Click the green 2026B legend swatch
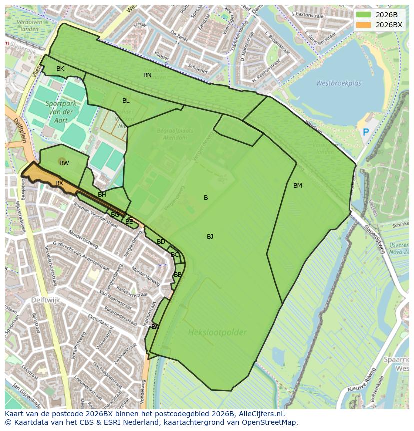coord(364,15)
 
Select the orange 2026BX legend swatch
coord(364,25)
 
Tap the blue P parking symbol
coord(366,133)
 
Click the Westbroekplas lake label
coord(338,84)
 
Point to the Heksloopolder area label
coord(217,332)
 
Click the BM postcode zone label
coord(298,186)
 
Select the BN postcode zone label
coord(147,75)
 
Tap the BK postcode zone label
coord(60,69)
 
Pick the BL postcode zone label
coord(126,101)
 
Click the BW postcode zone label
coord(64,163)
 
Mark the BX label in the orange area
coord(59,183)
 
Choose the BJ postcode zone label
coord(210,237)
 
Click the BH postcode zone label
coord(102,195)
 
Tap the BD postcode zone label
coord(161,242)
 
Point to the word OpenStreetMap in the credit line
coord(272,422)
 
